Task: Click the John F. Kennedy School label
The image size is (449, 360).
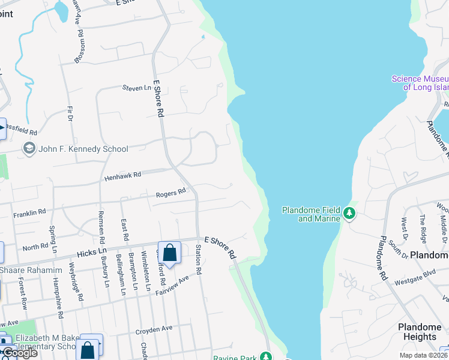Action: click(83, 149)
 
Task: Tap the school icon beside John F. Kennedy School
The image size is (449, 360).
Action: click(29, 148)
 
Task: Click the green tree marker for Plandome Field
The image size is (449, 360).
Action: click(349, 213)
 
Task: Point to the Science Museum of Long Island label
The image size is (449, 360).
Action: click(420, 83)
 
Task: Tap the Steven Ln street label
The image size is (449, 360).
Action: click(136, 88)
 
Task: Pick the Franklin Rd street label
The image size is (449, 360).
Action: click(29, 212)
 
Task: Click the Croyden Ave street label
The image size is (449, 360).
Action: click(154, 329)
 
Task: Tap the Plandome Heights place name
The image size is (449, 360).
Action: click(420, 332)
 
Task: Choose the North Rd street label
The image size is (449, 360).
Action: click(35, 247)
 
